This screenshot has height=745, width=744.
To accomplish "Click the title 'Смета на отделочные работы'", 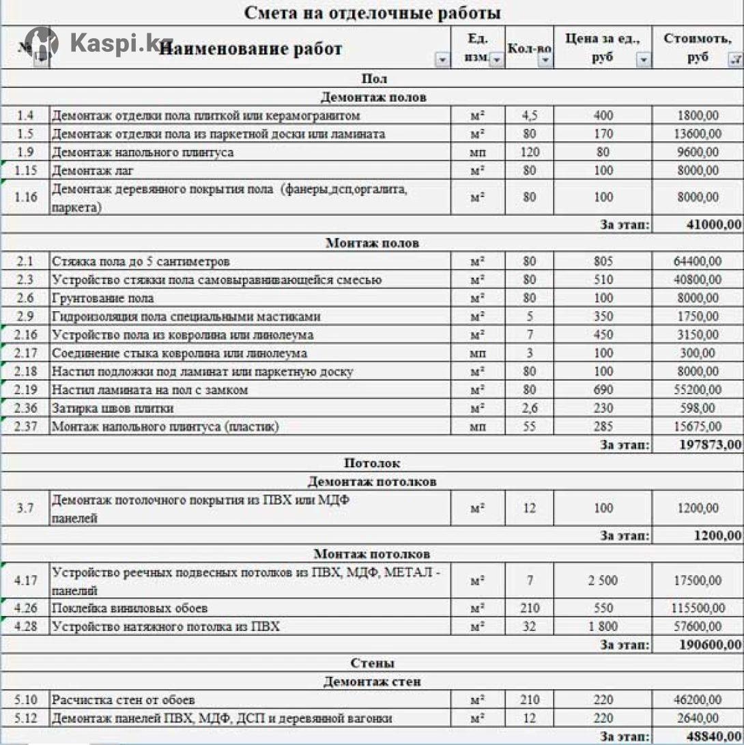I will tap(372, 12).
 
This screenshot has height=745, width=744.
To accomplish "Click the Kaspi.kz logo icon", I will tap(41, 43).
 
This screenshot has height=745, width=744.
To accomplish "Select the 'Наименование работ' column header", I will tap(251, 48).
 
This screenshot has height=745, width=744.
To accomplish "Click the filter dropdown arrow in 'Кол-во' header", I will tap(545, 61).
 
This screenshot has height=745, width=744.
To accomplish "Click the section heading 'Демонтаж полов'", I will tap(373, 97).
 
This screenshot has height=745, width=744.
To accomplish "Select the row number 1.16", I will tap(25, 198).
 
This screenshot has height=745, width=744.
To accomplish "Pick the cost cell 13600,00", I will tap(697, 134).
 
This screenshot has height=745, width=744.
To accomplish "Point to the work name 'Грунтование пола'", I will tap(103, 298).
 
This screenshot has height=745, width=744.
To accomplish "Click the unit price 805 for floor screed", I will tap(603, 261).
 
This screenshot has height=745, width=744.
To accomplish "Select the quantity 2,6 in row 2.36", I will tap(530, 409).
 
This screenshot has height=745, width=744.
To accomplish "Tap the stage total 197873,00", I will tap(709, 445).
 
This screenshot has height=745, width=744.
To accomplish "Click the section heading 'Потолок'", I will tap(373, 463).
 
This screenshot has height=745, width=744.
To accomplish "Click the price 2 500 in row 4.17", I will tap(603, 581).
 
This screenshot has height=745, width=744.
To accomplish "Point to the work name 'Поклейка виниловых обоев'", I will tap(130, 608).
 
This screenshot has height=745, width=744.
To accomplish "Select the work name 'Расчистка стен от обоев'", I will tap(124, 700).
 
